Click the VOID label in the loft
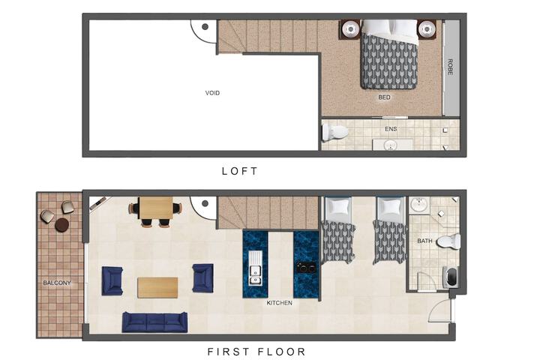click(x=212, y=93)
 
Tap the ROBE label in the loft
click(x=450, y=67)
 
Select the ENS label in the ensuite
click(x=391, y=129)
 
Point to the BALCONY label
click(x=57, y=283)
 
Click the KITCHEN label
click(x=279, y=303)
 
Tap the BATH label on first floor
click(x=424, y=241)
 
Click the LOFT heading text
click(x=240, y=171)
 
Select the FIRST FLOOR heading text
click(x=256, y=352)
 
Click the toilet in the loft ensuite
click(x=334, y=133)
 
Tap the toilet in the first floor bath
click(x=449, y=241)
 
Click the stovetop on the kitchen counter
click(x=307, y=268)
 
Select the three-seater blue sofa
click(x=155, y=322)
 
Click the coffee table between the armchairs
click(x=157, y=288)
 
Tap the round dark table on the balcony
click(x=62, y=225)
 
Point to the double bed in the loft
click(x=389, y=55)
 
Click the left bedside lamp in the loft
click(x=350, y=29)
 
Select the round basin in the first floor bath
click(x=418, y=204)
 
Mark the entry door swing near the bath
click(x=440, y=310)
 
